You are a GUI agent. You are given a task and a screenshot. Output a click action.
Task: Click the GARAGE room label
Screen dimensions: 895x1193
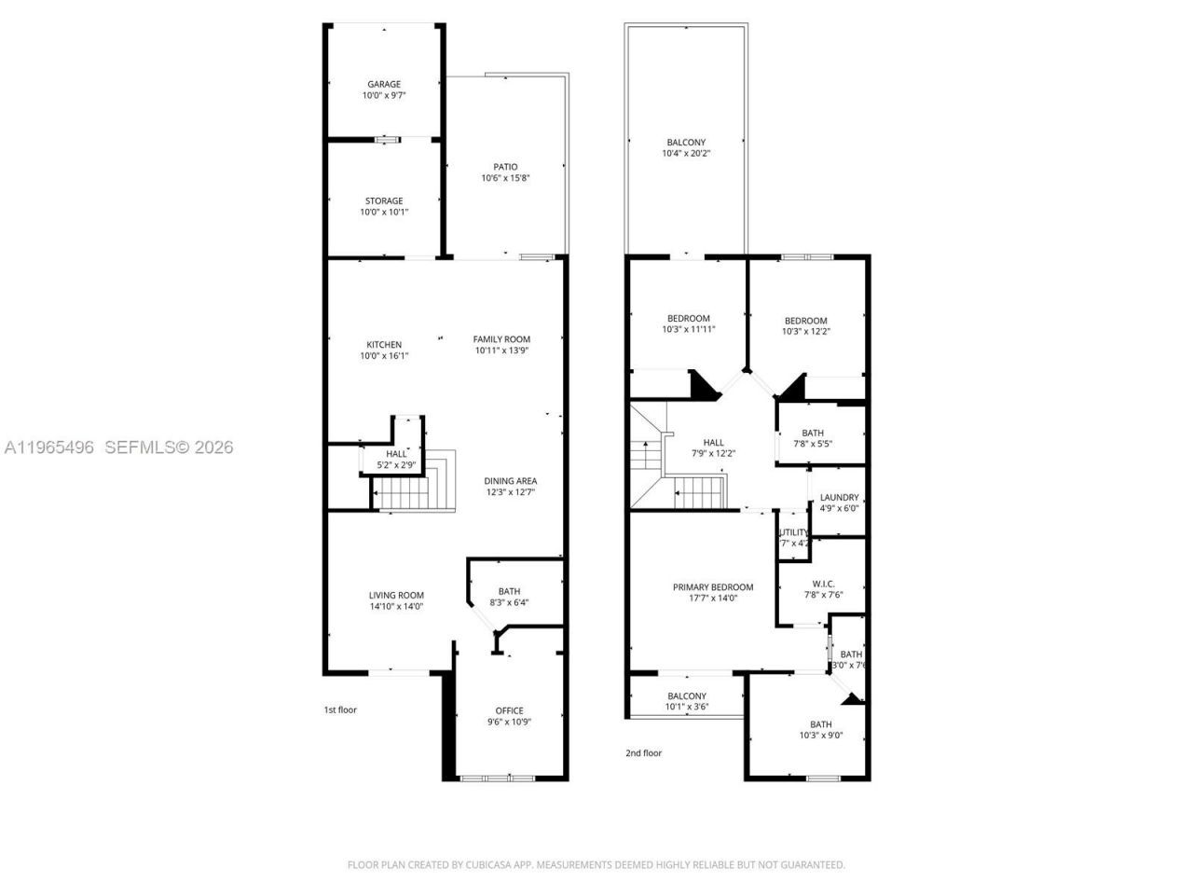[x=384, y=84]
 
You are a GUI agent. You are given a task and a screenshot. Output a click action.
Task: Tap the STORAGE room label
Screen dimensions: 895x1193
[x=384, y=200]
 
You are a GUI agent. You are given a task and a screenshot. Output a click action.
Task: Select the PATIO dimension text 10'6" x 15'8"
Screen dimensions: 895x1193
[x=505, y=178]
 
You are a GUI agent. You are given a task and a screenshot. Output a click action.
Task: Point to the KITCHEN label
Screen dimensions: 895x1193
[x=384, y=345]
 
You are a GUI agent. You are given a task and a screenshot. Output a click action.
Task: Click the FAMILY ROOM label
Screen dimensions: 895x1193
[x=501, y=339]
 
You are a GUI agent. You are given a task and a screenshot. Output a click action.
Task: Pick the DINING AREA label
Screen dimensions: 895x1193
[x=510, y=481]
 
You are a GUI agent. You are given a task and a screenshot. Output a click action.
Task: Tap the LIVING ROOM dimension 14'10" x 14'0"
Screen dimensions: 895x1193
[x=396, y=606]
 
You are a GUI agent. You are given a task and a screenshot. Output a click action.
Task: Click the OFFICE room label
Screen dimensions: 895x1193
[x=509, y=710]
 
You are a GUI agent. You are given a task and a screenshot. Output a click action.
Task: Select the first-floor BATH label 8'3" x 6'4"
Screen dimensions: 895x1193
[x=509, y=591]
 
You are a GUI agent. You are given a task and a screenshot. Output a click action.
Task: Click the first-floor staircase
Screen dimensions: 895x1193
[x=410, y=490]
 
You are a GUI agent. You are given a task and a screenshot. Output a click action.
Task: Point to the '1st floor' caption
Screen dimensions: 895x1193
[x=340, y=709]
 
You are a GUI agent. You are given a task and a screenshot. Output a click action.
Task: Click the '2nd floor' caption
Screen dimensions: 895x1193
[x=643, y=752]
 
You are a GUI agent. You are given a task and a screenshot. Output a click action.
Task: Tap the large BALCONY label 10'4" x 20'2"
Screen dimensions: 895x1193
[x=686, y=143]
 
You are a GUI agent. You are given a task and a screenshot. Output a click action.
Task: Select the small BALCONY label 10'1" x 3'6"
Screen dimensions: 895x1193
[x=687, y=696]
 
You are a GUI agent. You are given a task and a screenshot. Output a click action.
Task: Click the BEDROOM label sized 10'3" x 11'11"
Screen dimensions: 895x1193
[x=688, y=319]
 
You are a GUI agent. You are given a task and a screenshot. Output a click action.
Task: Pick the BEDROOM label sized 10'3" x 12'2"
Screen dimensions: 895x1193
[x=805, y=321]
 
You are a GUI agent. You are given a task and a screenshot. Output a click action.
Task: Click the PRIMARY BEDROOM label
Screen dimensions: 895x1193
[x=713, y=587]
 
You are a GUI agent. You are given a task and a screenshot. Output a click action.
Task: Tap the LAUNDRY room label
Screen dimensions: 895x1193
[x=839, y=498]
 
